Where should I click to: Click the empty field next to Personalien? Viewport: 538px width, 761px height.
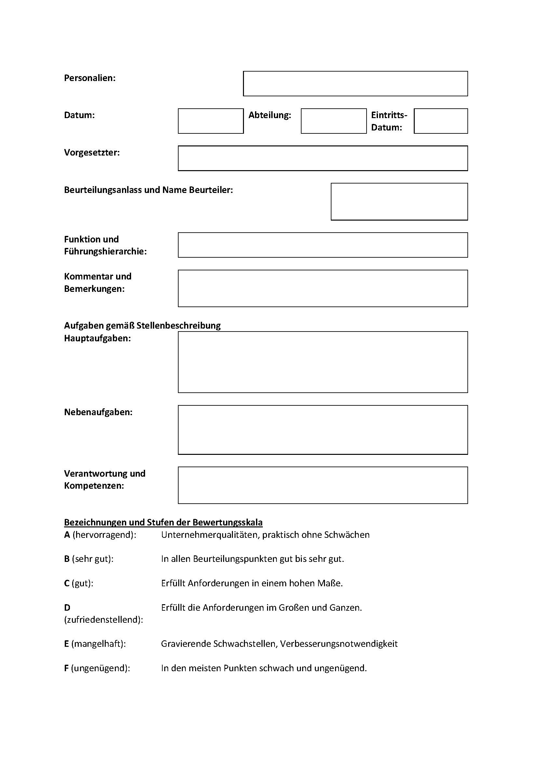[355, 84]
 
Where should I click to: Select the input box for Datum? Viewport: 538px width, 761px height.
[211, 121]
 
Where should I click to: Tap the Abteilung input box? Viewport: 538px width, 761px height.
[334, 121]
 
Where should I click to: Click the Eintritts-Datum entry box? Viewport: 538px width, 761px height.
[441, 121]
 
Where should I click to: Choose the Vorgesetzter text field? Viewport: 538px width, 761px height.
[323, 158]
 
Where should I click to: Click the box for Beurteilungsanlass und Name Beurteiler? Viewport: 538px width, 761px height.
[399, 201]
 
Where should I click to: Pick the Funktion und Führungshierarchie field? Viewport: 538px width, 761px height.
[323, 245]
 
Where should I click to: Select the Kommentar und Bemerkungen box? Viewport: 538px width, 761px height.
[323, 288]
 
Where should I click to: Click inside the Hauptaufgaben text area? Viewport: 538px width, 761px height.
[323, 362]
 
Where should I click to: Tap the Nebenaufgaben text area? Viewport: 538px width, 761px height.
[323, 429]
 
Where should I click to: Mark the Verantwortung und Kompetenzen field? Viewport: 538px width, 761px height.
[323, 485]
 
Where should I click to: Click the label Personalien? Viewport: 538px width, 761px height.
[90, 78]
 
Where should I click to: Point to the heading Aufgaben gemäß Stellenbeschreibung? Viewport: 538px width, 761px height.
[142, 325]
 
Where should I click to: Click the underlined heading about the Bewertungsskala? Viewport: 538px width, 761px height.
[163, 523]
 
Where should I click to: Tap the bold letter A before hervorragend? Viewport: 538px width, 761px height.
[67, 535]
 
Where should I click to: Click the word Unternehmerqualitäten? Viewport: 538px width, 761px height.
[209, 535]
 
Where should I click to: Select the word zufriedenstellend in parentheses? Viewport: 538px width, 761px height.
[103, 619]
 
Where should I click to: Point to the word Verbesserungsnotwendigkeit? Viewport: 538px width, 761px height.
[339, 644]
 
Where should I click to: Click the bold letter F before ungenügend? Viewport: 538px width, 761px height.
[67, 668]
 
